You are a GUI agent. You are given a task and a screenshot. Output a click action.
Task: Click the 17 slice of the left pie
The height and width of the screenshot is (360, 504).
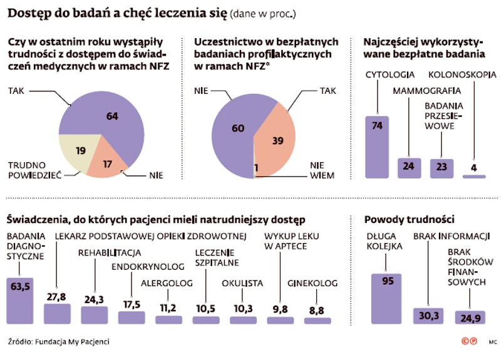[x=106, y=165]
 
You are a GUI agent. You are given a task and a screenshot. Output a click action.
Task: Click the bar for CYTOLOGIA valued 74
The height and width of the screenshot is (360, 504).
[x=377, y=147]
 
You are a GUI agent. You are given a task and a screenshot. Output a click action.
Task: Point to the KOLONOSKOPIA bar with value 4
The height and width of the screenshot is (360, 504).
[x=474, y=177]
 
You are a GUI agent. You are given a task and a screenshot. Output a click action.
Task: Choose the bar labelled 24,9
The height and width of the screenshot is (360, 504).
[x=470, y=318]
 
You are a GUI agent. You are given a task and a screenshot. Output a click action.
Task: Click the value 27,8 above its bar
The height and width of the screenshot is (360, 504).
[x=57, y=296]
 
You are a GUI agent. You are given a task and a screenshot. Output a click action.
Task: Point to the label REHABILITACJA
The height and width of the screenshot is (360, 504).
[x=110, y=253]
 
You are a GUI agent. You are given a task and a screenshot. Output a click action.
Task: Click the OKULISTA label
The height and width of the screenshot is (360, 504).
[x=242, y=283]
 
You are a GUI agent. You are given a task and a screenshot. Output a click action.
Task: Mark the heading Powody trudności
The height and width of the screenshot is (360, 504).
[x=409, y=220]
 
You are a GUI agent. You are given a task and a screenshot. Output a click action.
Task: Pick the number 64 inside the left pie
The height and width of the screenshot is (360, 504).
[x=113, y=116]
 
